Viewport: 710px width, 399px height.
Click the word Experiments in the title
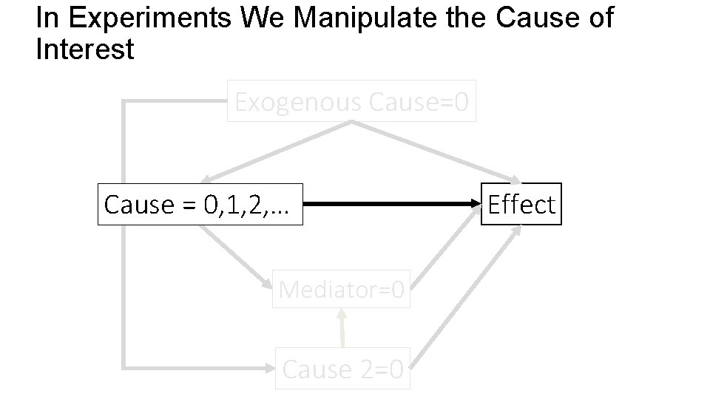point(138,18)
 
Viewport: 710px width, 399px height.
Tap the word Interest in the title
point(84,50)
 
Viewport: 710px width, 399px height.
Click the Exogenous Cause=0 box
point(351,102)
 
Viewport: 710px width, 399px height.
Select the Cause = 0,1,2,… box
point(200,205)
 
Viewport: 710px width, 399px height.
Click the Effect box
point(521,205)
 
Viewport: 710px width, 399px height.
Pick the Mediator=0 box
point(342,290)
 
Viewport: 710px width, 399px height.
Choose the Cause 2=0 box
point(342,369)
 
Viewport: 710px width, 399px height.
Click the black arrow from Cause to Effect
point(392,205)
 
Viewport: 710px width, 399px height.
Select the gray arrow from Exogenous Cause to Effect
point(436,154)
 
